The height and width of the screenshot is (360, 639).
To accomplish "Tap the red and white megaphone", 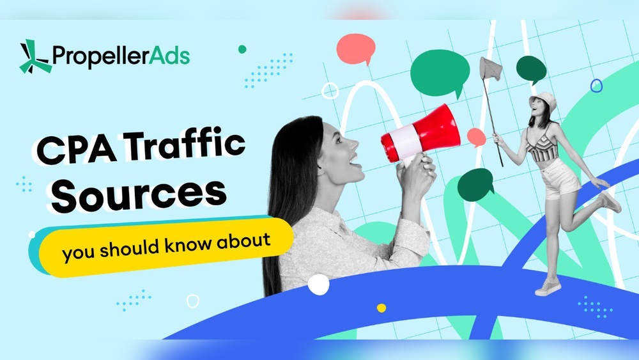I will (422, 134).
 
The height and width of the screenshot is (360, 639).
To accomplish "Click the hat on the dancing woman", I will (545, 100).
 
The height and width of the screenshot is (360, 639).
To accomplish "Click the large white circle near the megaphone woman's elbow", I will (318, 284).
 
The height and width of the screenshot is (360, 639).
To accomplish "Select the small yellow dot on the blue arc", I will (381, 308).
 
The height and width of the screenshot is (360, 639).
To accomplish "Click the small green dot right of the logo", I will (242, 49).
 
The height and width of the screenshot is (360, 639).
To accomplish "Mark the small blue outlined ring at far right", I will (596, 85).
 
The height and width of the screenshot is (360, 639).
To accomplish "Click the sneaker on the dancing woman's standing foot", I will (548, 286).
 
